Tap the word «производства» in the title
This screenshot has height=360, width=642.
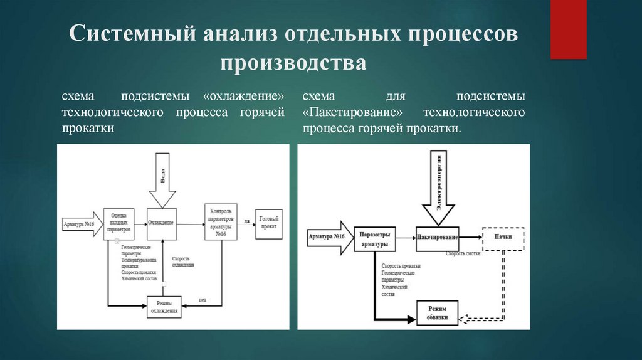point(293,63)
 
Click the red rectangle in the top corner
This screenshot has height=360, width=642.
point(568,29)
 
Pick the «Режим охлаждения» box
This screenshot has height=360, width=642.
point(164,306)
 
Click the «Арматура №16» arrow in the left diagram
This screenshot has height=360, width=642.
point(80,224)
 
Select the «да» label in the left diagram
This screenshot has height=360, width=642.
point(246,221)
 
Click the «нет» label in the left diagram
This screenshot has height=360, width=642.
point(203,299)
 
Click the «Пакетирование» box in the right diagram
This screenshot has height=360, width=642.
point(437,238)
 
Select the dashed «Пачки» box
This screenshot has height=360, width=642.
point(502,238)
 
